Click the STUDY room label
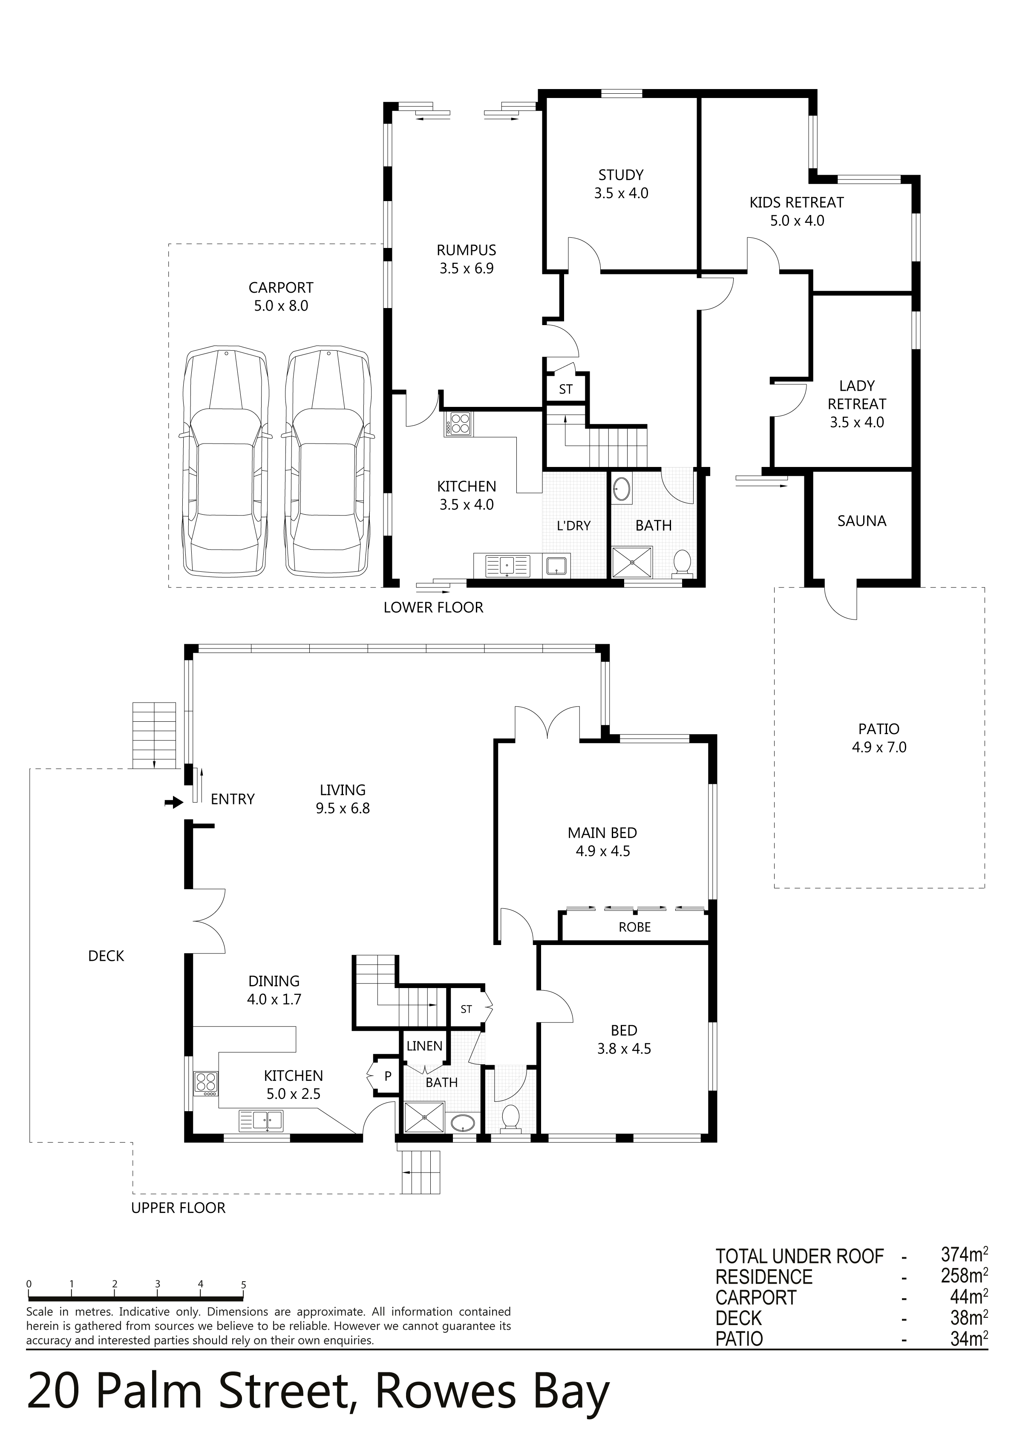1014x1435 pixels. [x=621, y=175]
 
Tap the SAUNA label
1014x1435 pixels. [x=861, y=521]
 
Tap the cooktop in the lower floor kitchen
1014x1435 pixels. [x=459, y=424]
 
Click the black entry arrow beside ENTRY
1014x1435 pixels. [x=172, y=802]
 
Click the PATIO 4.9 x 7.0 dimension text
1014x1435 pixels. [x=879, y=747]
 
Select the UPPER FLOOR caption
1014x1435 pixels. [x=178, y=1207]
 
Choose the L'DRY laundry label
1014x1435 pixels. [x=573, y=526]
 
